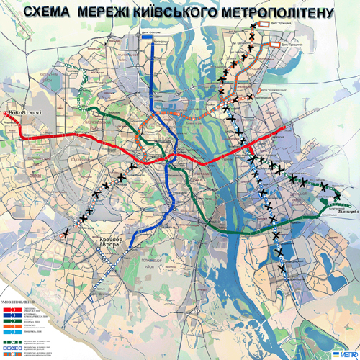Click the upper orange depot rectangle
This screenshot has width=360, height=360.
(x=276, y=23)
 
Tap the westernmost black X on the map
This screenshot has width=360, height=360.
(x=66, y=233)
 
